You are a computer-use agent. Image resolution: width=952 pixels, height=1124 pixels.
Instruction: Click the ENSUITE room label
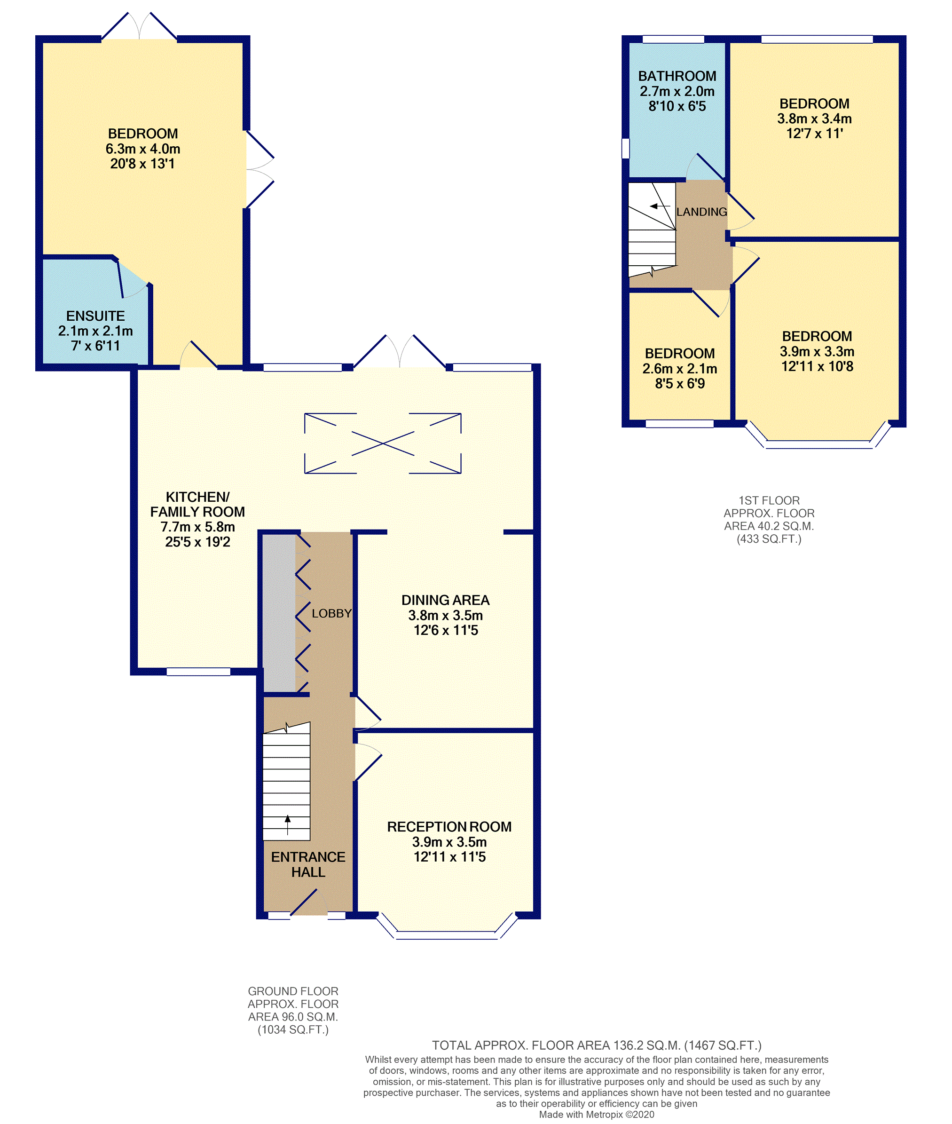click(x=95, y=316)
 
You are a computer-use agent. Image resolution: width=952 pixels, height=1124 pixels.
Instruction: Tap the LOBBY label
click(x=331, y=613)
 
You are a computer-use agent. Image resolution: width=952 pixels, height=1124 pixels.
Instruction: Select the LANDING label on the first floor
click(x=701, y=212)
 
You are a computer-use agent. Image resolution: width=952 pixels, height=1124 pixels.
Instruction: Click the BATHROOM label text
click(x=677, y=76)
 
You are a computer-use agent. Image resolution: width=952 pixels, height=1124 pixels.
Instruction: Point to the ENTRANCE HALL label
click(x=308, y=864)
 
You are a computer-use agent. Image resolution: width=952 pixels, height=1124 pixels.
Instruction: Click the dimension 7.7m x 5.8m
click(x=197, y=526)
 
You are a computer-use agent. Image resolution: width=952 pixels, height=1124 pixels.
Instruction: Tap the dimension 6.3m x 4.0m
click(x=143, y=149)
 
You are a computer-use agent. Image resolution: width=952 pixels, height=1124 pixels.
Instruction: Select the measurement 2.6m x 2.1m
click(x=679, y=369)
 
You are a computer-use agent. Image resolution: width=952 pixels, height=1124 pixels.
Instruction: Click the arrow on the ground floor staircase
click(x=288, y=824)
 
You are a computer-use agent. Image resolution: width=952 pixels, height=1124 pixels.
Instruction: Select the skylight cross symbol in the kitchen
click(x=383, y=443)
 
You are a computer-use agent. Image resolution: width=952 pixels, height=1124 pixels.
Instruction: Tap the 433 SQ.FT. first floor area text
click(x=769, y=539)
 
